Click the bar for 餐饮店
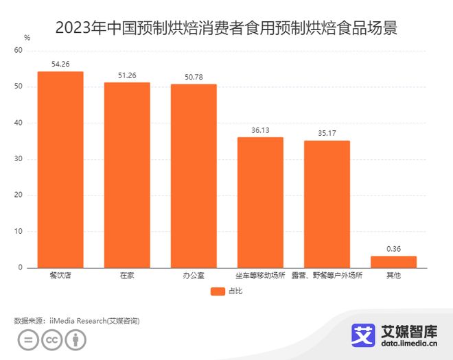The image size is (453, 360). (x=60, y=169)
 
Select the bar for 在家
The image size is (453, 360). (x=127, y=175)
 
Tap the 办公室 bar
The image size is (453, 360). (x=194, y=176)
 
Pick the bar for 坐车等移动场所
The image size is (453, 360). (x=260, y=202)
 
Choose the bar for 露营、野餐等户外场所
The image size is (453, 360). (x=327, y=204)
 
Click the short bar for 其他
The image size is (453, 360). (x=393, y=261)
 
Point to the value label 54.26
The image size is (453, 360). (x=60, y=64)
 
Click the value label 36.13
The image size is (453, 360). (x=260, y=130)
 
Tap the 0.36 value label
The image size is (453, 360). (x=393, y=248)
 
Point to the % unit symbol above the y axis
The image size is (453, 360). (x=27, y=37)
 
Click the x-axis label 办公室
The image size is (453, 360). (x=194, y=276)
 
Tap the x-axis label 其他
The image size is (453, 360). (x=393, y=276)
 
